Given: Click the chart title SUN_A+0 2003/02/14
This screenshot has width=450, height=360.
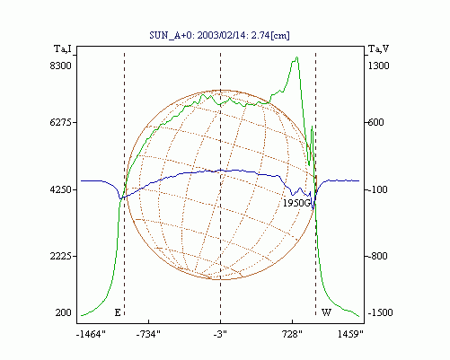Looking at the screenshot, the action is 220,35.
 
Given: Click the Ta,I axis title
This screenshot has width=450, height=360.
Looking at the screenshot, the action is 63,48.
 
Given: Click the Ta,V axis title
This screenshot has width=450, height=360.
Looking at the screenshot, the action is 378,48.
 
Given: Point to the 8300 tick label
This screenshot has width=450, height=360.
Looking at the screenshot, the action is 61,66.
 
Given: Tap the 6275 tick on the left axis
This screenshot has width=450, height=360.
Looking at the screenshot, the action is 61,122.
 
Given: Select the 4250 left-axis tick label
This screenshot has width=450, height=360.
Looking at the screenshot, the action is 61,189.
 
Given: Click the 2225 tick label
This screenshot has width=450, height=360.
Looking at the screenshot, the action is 61,256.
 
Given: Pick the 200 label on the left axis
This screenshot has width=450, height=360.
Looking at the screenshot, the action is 63,312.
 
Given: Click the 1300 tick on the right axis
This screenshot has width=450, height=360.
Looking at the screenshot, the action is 378,66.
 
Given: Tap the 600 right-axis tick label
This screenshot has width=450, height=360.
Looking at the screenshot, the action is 375,122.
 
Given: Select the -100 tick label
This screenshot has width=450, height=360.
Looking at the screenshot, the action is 376,189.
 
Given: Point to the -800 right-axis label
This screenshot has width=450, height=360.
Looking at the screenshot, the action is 376,256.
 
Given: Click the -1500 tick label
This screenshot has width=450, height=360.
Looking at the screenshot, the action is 380,312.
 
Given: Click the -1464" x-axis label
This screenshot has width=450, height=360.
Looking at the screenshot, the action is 91,334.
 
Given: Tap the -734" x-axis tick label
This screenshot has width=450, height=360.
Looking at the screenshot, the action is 148,334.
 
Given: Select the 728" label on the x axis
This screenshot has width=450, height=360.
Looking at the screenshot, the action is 293,334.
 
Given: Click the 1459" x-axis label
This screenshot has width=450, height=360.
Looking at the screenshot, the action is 350,334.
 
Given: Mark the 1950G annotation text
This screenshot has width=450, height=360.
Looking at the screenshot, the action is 296,203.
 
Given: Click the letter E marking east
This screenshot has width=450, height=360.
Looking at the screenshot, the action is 118,312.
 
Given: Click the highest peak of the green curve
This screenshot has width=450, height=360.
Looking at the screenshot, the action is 296,57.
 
